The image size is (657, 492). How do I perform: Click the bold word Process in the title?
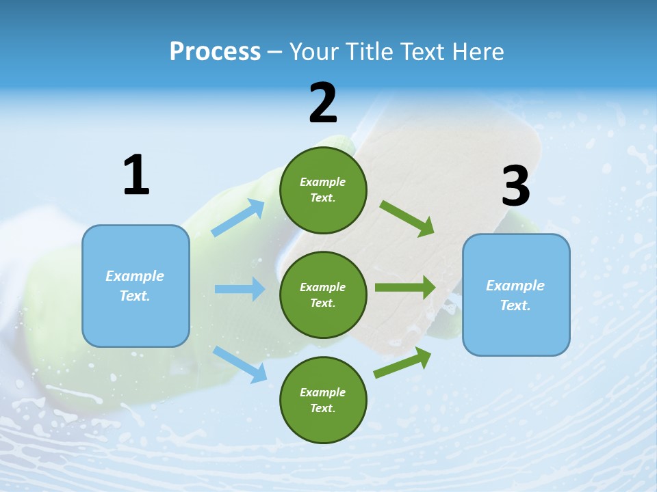(x=215, y=52)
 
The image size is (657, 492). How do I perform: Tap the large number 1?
(x=136, y=175)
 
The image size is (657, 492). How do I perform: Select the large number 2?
(x=323, y=103)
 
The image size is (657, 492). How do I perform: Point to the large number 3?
(x=515, y=187)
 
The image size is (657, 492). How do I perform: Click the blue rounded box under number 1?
(x=136, y=286)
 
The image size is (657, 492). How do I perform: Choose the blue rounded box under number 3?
(x=516, y=295)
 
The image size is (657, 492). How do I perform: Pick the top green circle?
(x=323, y=190)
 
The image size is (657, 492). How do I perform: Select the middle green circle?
(x=323, y=295)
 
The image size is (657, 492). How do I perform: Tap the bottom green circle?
(x=323, y=400)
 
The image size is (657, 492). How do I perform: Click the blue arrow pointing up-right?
(x=238, y=218)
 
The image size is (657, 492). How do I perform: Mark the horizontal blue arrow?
(x=240, y=289)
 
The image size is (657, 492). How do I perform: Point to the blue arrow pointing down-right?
(x=240, y=364)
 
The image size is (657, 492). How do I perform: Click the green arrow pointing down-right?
(x=407, y=219)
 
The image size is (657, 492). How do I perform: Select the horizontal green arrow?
(x=404, y=287)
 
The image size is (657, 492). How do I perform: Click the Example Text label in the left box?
(x=135, y=286)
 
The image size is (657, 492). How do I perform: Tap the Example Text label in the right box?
(x=515, y=295)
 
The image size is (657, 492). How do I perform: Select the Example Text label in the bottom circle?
(x=323, y=400)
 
